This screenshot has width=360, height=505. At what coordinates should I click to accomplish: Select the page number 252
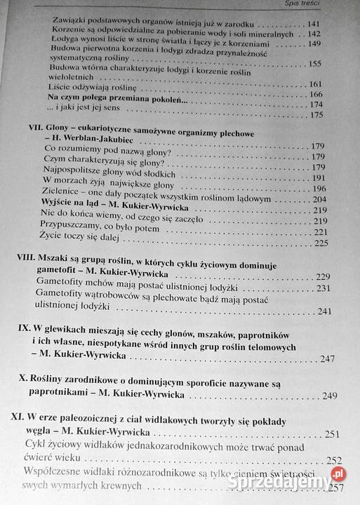(333, 460)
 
